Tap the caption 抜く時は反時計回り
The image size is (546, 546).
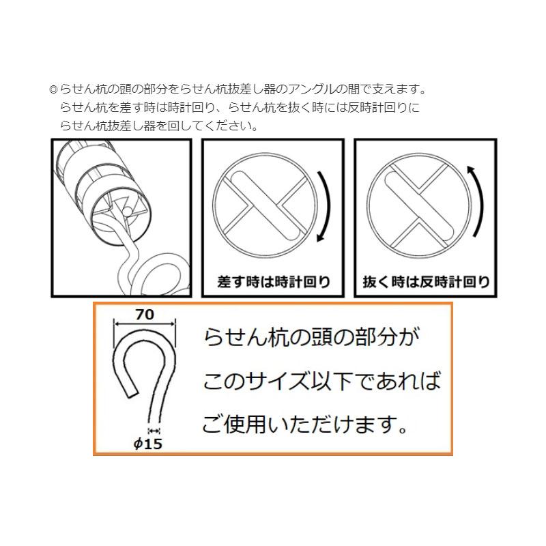click(x=427, y=282)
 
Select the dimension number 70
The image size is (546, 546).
click(x=145, y=315)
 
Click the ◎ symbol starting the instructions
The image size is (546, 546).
click(x=54, y=89)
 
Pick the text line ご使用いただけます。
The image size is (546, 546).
click(x=305, y=426)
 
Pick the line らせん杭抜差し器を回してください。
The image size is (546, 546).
click(x=158, y=126)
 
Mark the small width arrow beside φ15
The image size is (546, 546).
click(x=153, y=430)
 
